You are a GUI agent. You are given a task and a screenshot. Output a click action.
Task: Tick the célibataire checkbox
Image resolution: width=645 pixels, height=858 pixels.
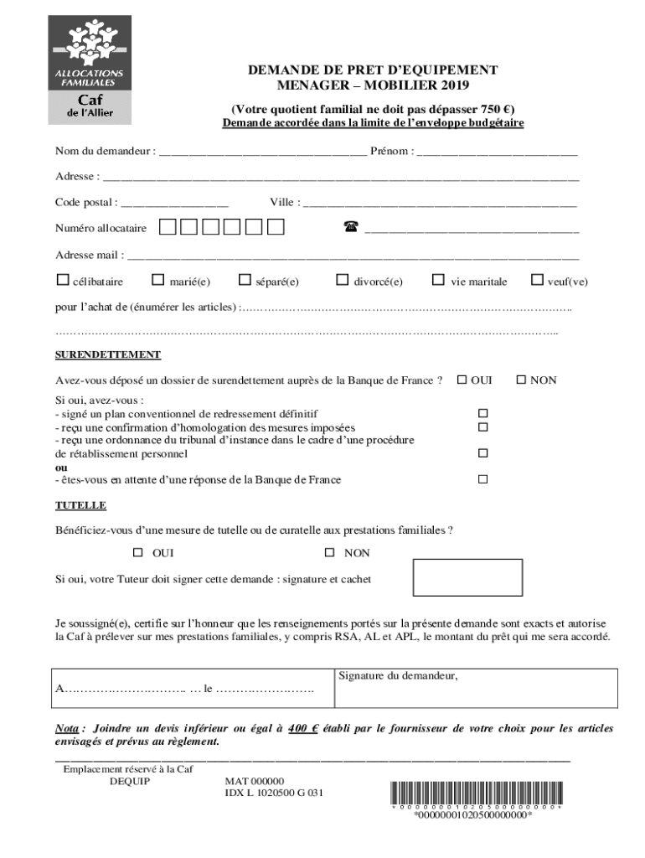(62, 281)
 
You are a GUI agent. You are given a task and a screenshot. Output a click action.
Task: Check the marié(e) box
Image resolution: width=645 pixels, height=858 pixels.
(157, 281)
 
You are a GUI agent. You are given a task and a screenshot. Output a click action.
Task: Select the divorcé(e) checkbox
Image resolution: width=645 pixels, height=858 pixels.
(342, 281)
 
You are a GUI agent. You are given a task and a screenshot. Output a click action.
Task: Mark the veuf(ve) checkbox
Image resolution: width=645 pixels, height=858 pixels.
(538, 281)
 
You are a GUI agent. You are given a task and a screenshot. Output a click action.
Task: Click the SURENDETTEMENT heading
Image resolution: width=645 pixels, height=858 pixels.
(108, 355)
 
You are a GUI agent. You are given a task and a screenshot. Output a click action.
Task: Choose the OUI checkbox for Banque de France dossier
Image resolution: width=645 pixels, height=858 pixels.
(462, 380)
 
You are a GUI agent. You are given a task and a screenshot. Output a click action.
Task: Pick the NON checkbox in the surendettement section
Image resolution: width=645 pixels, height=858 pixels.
(520, 380)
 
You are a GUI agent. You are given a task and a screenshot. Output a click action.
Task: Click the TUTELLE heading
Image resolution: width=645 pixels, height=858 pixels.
(80, 506)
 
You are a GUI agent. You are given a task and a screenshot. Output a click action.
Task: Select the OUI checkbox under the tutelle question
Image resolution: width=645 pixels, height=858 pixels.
(138, 553)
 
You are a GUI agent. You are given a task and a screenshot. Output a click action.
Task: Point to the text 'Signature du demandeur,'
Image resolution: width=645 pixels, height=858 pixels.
(398, 676)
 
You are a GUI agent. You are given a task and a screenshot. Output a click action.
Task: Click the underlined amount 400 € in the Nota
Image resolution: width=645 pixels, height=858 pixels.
(303, 728)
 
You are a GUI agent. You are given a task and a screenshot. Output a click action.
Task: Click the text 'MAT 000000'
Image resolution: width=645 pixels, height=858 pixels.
(255, 781)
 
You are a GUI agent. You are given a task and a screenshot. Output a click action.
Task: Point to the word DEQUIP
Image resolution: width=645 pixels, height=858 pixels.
(130, 781)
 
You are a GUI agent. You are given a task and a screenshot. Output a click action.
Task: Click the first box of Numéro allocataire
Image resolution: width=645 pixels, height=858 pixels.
(168, 227)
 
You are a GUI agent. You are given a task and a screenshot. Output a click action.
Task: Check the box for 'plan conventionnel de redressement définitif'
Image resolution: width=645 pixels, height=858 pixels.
(482, 414)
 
